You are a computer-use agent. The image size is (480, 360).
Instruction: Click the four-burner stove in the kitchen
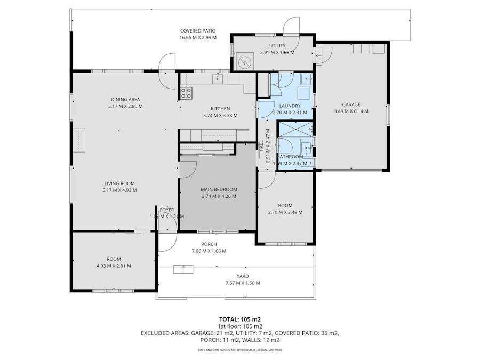pos(186,93)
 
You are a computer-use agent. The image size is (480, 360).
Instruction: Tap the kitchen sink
pos(218,79)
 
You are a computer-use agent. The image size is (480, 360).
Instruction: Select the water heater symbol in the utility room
pos(245,61)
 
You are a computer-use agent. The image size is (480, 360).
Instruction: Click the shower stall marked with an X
pos(295,130)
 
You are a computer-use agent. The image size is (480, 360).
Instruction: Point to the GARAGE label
pos(351,105)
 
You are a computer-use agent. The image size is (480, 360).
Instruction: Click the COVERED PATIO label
pos(197,31)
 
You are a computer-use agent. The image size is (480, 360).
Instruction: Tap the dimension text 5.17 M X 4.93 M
pos(120,190)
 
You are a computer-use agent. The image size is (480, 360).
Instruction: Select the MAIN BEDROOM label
pos(219,189)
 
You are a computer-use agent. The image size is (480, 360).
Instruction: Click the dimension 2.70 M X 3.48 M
pos(285,212)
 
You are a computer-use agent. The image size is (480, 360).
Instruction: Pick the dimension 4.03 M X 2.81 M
pos(113,266)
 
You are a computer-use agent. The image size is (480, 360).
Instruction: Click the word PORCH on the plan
pos(209,244)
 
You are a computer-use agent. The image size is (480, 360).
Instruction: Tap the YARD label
pos(243,276)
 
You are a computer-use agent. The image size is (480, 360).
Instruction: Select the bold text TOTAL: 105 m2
pos(239,319)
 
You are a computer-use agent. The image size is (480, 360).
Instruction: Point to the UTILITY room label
pos(277,46)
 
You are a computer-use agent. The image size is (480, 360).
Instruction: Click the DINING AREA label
pos(125,99)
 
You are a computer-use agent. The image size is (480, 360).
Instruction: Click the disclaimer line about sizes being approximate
pos(239,350)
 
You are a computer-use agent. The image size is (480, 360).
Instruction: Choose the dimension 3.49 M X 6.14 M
pos(351,111)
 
